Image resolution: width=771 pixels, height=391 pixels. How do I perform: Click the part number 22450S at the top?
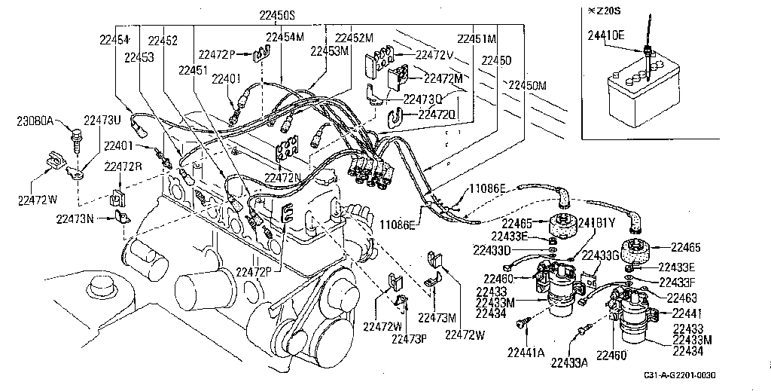click(277, 16)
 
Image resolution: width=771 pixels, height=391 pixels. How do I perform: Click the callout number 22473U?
click(102, 121)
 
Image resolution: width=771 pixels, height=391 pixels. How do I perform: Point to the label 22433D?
click(493, 250)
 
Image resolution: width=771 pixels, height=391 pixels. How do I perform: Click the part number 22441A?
click(526, 353)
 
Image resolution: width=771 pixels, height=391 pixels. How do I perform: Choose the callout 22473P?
click(409, 338)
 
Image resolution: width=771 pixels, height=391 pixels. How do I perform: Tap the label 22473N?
click(75, 219)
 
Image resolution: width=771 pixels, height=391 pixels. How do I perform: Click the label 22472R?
click(123, 166)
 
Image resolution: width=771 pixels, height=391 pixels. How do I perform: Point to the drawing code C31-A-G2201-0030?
click(679, 375)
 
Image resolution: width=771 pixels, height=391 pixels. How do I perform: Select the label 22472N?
click(282, 178)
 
